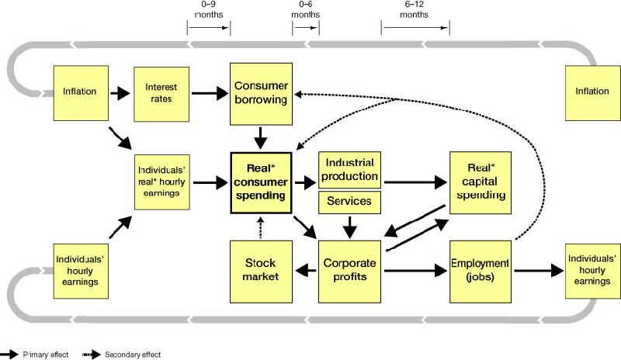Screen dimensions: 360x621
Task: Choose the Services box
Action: click(349, 202)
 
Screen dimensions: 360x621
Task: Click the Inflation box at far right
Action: click(592, 92)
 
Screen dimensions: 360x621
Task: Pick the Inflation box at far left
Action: click(79, 92)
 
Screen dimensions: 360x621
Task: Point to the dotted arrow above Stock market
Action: click(260, 226)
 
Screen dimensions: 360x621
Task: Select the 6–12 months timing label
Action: click(415, 9)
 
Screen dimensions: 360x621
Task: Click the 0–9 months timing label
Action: click(208, 9)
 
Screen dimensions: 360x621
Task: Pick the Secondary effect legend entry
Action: click(132, 354)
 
